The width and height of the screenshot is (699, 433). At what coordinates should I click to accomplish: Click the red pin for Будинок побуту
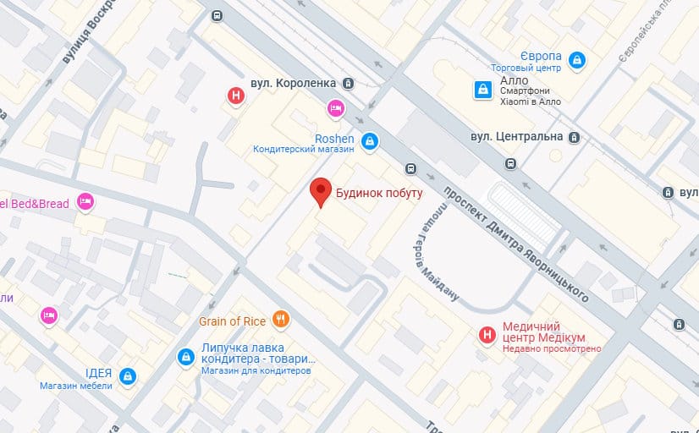tap(320, 191)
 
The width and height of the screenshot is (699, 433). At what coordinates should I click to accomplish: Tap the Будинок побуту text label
tap(379, 193)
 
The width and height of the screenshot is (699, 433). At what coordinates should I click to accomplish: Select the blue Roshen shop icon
tap(369, 140)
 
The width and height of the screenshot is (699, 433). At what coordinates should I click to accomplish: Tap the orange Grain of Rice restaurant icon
tap(282, 320)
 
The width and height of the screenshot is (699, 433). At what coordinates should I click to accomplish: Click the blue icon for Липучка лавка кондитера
tap(184, 359)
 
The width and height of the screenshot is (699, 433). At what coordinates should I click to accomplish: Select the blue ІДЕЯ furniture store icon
tap(127, 375)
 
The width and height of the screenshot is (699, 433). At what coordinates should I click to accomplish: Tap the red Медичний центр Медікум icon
tap(487, 336)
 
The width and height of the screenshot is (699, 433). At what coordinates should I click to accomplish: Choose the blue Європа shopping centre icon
tap(576, 59)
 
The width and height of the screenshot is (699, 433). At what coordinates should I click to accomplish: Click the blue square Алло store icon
tap(482, 88)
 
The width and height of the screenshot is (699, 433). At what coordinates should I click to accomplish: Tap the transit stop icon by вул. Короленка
tap(348, 83)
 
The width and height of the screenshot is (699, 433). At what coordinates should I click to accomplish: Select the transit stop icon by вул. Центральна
tap(575, 137)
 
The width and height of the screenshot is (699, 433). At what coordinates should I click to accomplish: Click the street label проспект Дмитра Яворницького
tap(516, 240)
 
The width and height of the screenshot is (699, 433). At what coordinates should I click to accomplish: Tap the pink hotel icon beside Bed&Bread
tap(85, 201)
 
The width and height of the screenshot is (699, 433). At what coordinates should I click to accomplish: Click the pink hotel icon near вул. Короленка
tap(335, 107)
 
